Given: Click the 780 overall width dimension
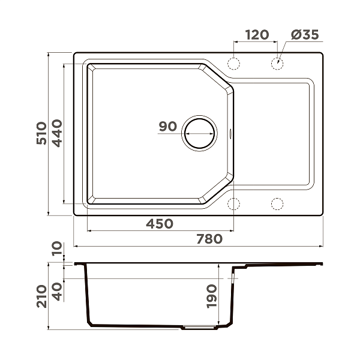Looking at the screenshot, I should [x=209, y=239].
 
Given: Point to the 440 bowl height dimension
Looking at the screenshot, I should [x=56, y=133].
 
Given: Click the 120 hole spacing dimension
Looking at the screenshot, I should [x=256, y=35].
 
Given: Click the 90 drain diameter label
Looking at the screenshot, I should [x=167, y=127].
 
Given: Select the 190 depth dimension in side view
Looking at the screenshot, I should [x=222, y=296].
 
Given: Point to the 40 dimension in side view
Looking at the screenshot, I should [x=56, y=292].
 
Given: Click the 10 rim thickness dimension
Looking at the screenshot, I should [x=56, y=249].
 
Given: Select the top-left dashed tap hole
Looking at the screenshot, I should [x=233, y=63].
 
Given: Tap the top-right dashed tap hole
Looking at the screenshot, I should [x=278, y=63].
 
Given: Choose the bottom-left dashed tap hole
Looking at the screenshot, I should [x=233, y=204].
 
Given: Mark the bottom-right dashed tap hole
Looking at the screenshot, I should [x=278, y=204].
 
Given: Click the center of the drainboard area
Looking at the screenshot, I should [x=273, y=133].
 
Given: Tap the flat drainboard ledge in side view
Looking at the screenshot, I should [x=282, y=265].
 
